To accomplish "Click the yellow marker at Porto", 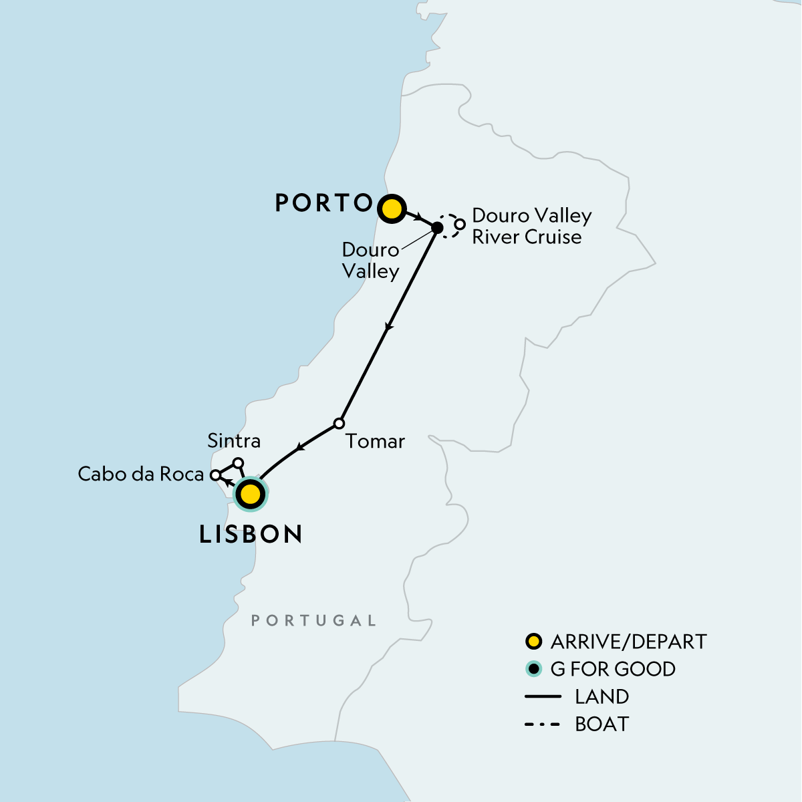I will coord(391,209).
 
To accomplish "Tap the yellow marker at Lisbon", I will coord(249,495).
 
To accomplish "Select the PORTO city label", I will coord(323,203).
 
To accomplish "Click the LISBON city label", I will coord(251,534).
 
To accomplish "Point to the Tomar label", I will coord(375,441).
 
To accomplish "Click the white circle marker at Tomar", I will coord(339,424).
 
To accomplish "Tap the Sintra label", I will coord(234,440).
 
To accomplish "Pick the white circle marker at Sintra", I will coord(237,462).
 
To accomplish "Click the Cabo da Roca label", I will coord(140,474).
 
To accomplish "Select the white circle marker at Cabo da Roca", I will coord(215,475).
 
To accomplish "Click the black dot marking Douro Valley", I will coord(436,227).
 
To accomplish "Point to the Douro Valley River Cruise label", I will coord(531,226).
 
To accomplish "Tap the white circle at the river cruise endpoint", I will coord(460,224).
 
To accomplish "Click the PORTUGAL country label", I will coord(313,621).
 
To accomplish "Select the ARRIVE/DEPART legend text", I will coord(628,642).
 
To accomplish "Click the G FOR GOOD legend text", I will coord(613,669).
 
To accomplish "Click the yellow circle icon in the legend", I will coord(533,642).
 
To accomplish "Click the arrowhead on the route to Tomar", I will coord(388,327).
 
